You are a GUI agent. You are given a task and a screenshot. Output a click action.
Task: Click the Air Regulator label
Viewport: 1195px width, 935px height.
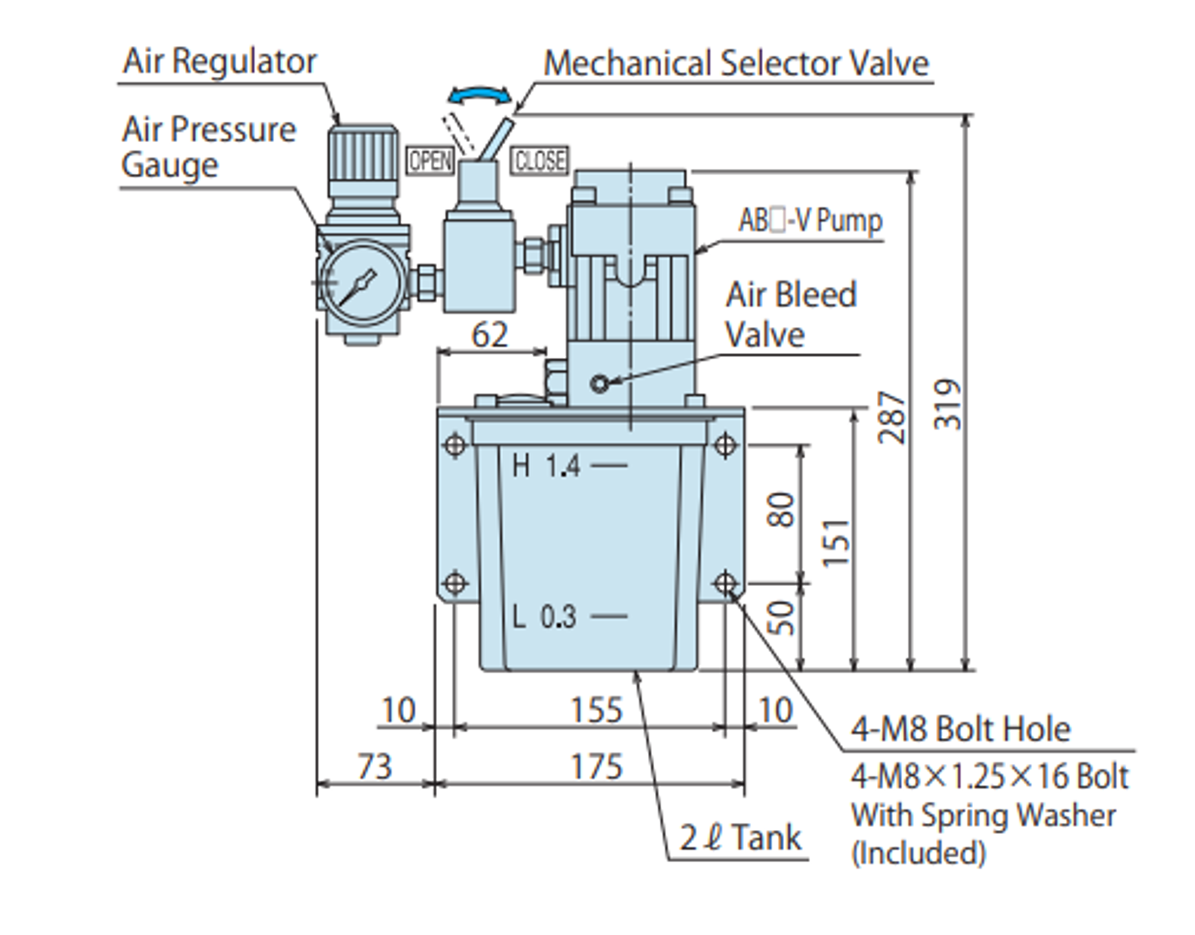(x=219, y=61)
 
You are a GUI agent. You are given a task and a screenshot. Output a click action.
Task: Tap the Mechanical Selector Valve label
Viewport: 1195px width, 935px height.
(x=736, y=63)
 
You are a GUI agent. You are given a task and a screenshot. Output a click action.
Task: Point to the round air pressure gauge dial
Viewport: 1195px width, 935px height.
(x=360, y=282)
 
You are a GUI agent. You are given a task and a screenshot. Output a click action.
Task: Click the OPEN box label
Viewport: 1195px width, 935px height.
(x=430, y=161)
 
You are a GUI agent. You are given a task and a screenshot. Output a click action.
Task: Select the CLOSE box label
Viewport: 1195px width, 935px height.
(x=539, y=161)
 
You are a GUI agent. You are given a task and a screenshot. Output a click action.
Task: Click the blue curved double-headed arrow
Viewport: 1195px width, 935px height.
(x=479, y=95)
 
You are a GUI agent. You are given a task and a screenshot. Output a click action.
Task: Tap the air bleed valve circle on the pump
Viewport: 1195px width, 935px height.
(x=599, y=383)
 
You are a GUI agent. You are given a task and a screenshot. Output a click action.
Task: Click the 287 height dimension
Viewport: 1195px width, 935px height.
(x=892, y=418)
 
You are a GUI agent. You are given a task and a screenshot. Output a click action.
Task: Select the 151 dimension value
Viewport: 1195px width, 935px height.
(x=836, y=543)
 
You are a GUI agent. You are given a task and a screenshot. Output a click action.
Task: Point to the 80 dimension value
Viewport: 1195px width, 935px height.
(x=781, y=510)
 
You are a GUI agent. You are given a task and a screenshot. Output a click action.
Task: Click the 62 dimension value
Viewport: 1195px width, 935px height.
(x=489, y=335)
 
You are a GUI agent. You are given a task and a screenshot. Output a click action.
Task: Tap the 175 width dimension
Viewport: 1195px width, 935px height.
(x=596, y=767)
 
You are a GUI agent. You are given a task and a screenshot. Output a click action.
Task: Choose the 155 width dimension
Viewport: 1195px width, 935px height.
(x=596, y=710)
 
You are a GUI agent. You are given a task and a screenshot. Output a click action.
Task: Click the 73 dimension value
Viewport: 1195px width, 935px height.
(x=375, y=767)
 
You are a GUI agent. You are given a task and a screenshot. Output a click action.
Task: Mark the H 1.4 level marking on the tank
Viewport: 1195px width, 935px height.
(x=546, y=466)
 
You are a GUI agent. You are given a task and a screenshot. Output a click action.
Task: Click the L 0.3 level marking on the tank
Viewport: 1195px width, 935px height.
(x=544, y=617)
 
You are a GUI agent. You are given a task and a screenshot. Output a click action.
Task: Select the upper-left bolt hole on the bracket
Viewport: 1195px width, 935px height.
(x=455, y=444)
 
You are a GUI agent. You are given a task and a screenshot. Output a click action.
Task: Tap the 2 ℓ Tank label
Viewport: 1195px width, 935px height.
(x=740, y=837)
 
